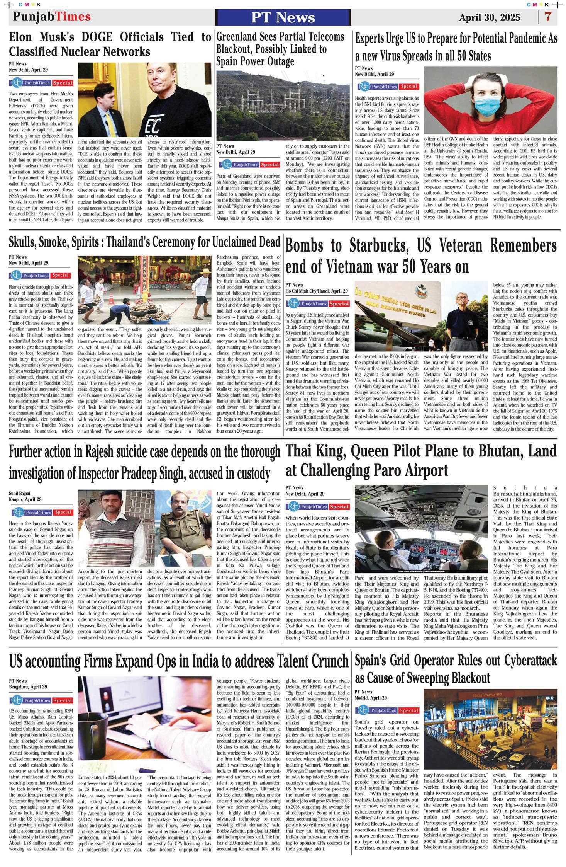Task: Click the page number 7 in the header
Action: click(548, 17)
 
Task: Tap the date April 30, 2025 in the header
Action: click(489, 18)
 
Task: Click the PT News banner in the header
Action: click(283, 17)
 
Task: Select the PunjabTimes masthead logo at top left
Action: click(52, 17)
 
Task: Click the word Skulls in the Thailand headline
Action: click(23, 242)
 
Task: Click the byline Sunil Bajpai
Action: click(19, 493)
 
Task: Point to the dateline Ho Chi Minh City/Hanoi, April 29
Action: click(317, 291)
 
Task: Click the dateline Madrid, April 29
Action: click(371, 698)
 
